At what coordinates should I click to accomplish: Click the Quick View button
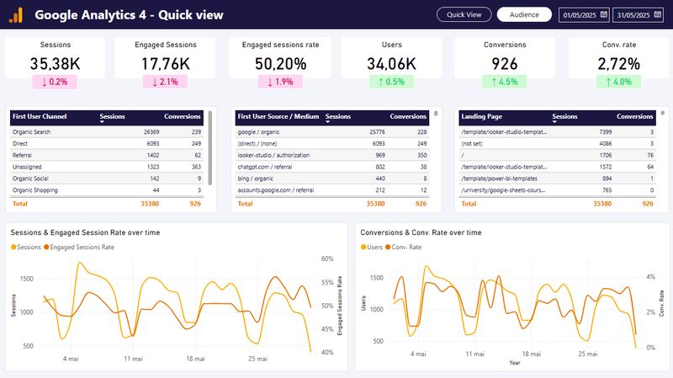(464, 14)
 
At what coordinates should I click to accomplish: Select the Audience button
(524, 14)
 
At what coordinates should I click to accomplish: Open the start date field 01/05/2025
(585, 15)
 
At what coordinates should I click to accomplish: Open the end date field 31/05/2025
(639, 15)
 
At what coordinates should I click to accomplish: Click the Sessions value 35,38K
(56, 63)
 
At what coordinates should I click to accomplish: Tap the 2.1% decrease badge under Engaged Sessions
(167, 82)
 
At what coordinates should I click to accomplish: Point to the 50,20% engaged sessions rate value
(280, 63)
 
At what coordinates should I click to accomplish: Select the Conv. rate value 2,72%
(618, 63)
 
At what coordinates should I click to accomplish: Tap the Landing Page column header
(481, 116)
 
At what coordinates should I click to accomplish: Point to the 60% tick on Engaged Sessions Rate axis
(327, 259)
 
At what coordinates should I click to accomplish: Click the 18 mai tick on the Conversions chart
(526, 354)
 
